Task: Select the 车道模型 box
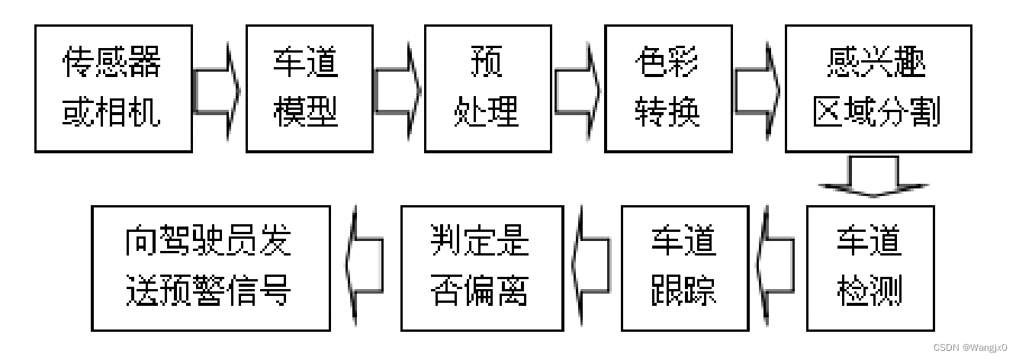309,88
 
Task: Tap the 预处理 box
488,88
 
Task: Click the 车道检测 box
870,268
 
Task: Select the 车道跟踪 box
684,268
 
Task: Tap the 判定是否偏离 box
483,268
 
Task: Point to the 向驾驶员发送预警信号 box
211,268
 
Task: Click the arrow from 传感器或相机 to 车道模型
217,91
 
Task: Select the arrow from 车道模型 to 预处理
398,91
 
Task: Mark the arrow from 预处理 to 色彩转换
578,91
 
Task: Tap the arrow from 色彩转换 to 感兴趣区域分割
758,91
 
